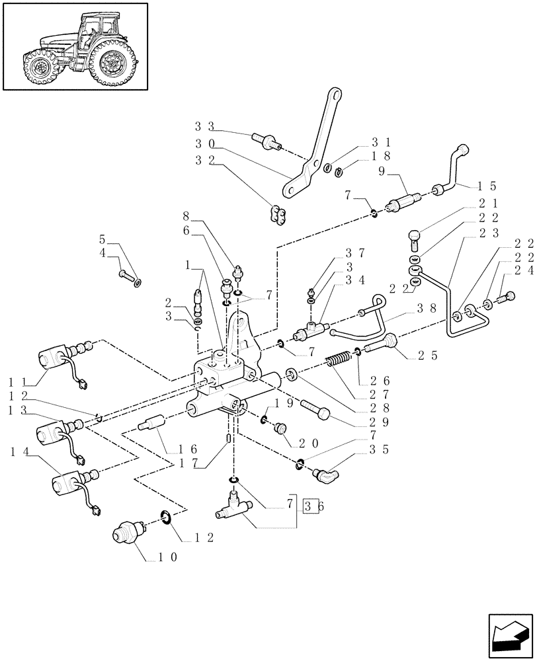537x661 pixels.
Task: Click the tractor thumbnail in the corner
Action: pos(75,46)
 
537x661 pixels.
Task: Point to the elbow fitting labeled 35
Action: pos(325,471)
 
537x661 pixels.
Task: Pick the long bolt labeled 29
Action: pos(316,409)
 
